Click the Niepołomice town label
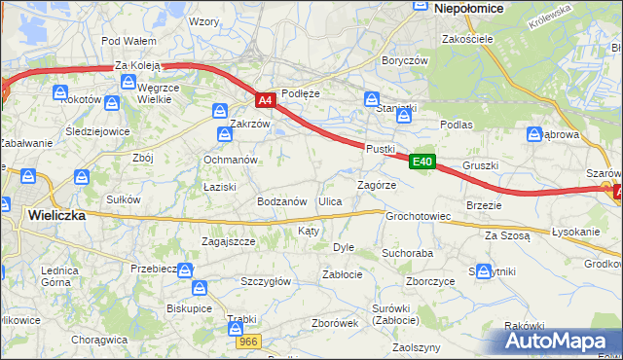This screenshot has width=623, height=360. pos(468,8)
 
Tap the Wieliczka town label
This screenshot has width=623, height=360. pos(56,215)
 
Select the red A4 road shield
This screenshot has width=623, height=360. pos(266,99)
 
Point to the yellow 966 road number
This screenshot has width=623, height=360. pos(247,342)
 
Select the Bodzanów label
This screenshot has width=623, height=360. pos(282,201)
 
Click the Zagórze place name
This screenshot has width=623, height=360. pos(376,184)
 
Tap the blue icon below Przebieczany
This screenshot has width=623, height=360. pos(200,288)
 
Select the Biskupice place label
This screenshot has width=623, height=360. pos(190,307)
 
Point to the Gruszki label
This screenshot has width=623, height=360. pos(481,165)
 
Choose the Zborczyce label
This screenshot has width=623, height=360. pos(431,281)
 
